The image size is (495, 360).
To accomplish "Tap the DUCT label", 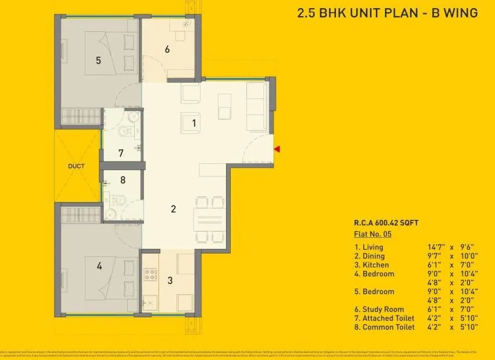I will click(x=76, y=166).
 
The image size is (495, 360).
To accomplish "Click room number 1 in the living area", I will click(x=194, y=123).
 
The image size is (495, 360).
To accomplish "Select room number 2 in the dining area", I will click(x=173, y=209).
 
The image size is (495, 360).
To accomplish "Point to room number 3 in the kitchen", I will click(x=169, y=281).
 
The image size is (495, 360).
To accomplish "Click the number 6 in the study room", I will click(x=167, y=49).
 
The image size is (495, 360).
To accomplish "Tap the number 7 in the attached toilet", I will click(x=120, y=153).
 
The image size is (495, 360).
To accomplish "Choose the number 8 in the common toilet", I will click(x=123, y=180).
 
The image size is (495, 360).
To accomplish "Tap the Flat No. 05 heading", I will click(x=372, y=234).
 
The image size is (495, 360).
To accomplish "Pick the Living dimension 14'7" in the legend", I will click(x=437, y=247).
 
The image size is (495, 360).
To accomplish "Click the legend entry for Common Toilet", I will click(x=384, y=327).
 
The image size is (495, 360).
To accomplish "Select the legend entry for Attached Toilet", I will click(x=384, y=318).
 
